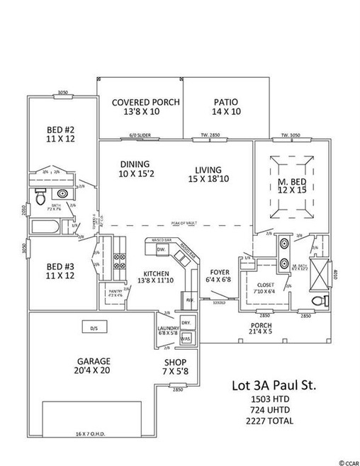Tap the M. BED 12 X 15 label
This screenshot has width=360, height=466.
pyautogui.click(x=291, y=185)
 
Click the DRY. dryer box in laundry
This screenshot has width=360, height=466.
pyautogui.click(x=186, y=323)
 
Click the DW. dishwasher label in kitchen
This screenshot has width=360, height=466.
pyautogui.click(x=160, y=249)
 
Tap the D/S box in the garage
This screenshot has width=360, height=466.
pyautogui.click(x=93, y=329)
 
